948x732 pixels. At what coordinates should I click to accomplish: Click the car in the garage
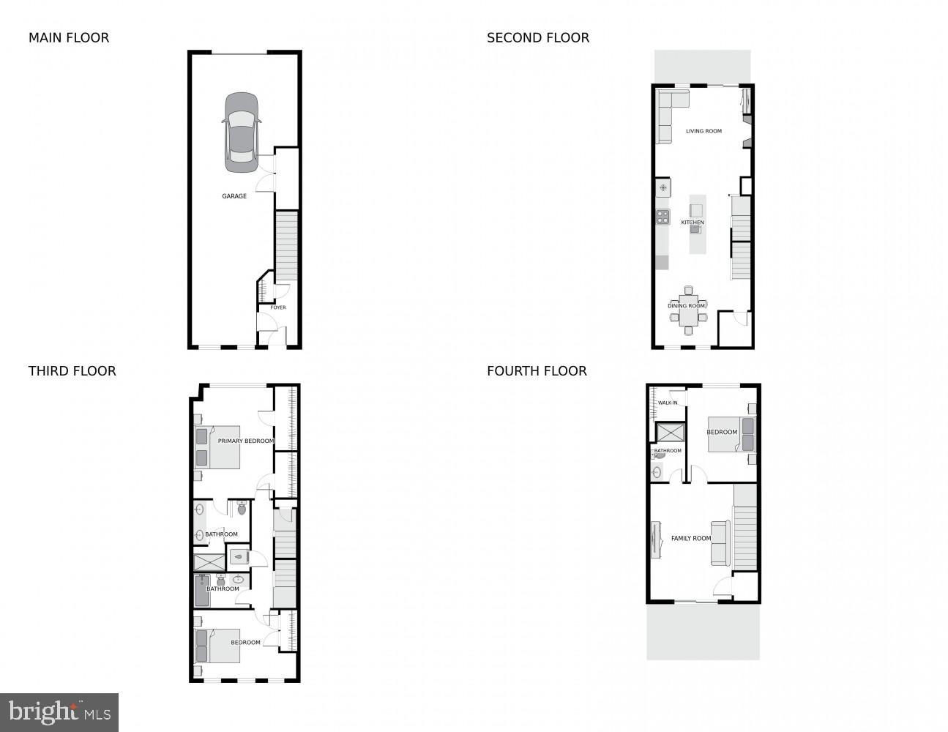click(241, 132)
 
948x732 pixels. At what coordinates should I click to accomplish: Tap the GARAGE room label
click(234, 196)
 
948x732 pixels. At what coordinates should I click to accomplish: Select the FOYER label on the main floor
click(278, 307)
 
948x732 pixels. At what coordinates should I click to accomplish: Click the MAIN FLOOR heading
click(69, 37)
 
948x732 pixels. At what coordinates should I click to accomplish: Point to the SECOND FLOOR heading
click(538, 37)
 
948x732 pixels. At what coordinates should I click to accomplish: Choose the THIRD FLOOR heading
click(72, 371)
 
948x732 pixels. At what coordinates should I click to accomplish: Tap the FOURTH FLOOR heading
click(537, 371)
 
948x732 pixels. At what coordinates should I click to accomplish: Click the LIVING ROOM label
click(703, 131)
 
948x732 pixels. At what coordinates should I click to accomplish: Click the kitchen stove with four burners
click(663, 216)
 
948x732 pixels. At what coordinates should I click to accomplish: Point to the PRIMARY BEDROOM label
click(246, 441)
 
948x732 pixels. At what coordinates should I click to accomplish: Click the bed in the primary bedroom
click(218, 447)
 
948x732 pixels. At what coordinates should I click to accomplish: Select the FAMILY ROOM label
click(691, 538)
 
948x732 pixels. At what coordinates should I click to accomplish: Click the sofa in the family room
click(720, 542)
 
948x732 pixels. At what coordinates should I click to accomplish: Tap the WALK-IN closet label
click(668, 403)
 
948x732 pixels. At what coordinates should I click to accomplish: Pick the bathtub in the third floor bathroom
click(202, 590)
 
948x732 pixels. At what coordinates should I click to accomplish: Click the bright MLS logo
click(59, 712)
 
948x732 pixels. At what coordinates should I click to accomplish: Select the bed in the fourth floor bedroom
click(731, 433)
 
